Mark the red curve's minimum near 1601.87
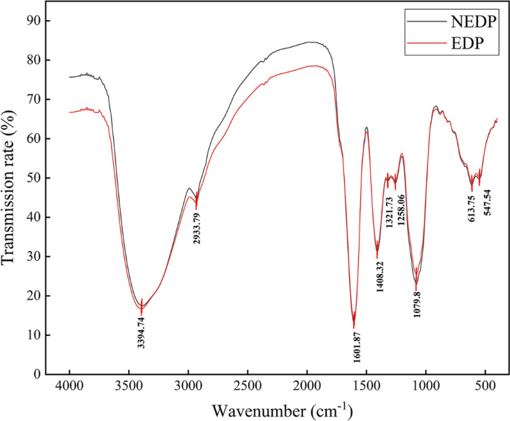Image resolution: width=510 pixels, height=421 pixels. pos(354,326)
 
